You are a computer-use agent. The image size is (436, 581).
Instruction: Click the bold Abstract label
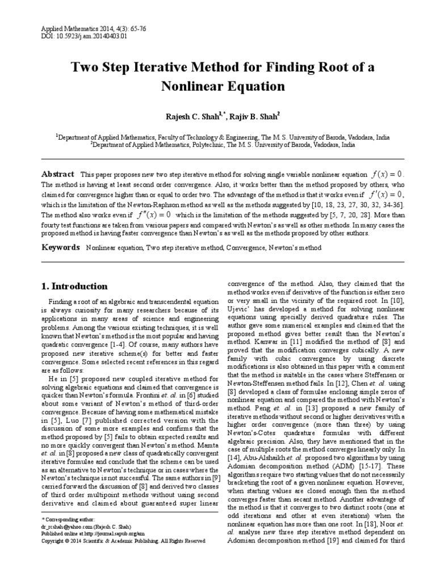coord(58,174)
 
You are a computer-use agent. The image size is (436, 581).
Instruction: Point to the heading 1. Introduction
coord(75,286)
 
